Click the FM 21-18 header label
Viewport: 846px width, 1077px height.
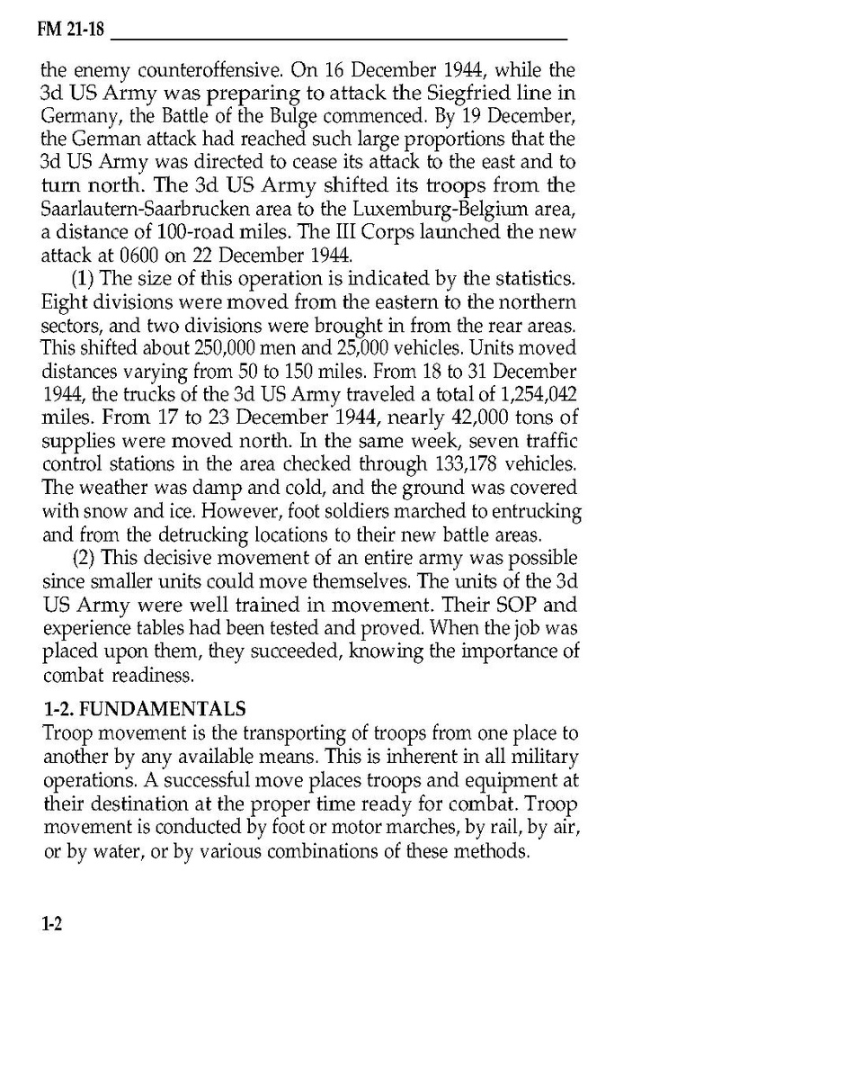[71, 31]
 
